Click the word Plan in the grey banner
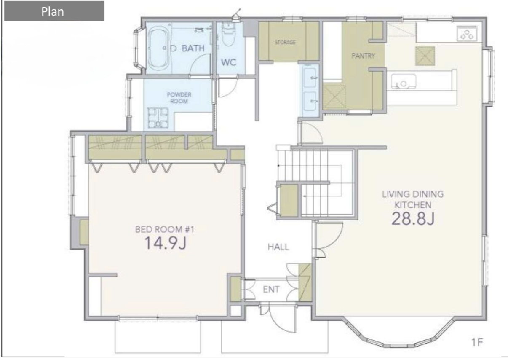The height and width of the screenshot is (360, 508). coord(52,11)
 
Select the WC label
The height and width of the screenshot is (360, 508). coord(229,62)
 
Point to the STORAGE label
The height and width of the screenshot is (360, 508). coord(285,42)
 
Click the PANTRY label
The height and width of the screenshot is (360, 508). coord(363,56)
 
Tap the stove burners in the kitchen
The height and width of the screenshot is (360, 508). coord(467,34)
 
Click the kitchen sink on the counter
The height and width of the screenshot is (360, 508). coord(404,81)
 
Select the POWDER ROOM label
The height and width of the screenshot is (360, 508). coord(179,98)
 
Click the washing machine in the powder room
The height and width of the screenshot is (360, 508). coord(158,118)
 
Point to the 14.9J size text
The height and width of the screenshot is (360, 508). coord(165,243)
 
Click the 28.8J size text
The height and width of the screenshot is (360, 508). coord(413,219)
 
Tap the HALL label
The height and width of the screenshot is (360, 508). coord(278,247)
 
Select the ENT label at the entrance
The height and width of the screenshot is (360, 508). coord(271,290)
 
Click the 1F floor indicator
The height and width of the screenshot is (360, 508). coord(477,342)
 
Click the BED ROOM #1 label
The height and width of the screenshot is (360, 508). coord(165,229)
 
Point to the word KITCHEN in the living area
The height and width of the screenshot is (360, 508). coord(413,205)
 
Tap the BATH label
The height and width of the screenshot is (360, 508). coord(193,48)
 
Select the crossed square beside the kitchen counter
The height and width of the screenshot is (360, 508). coord(425,56)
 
